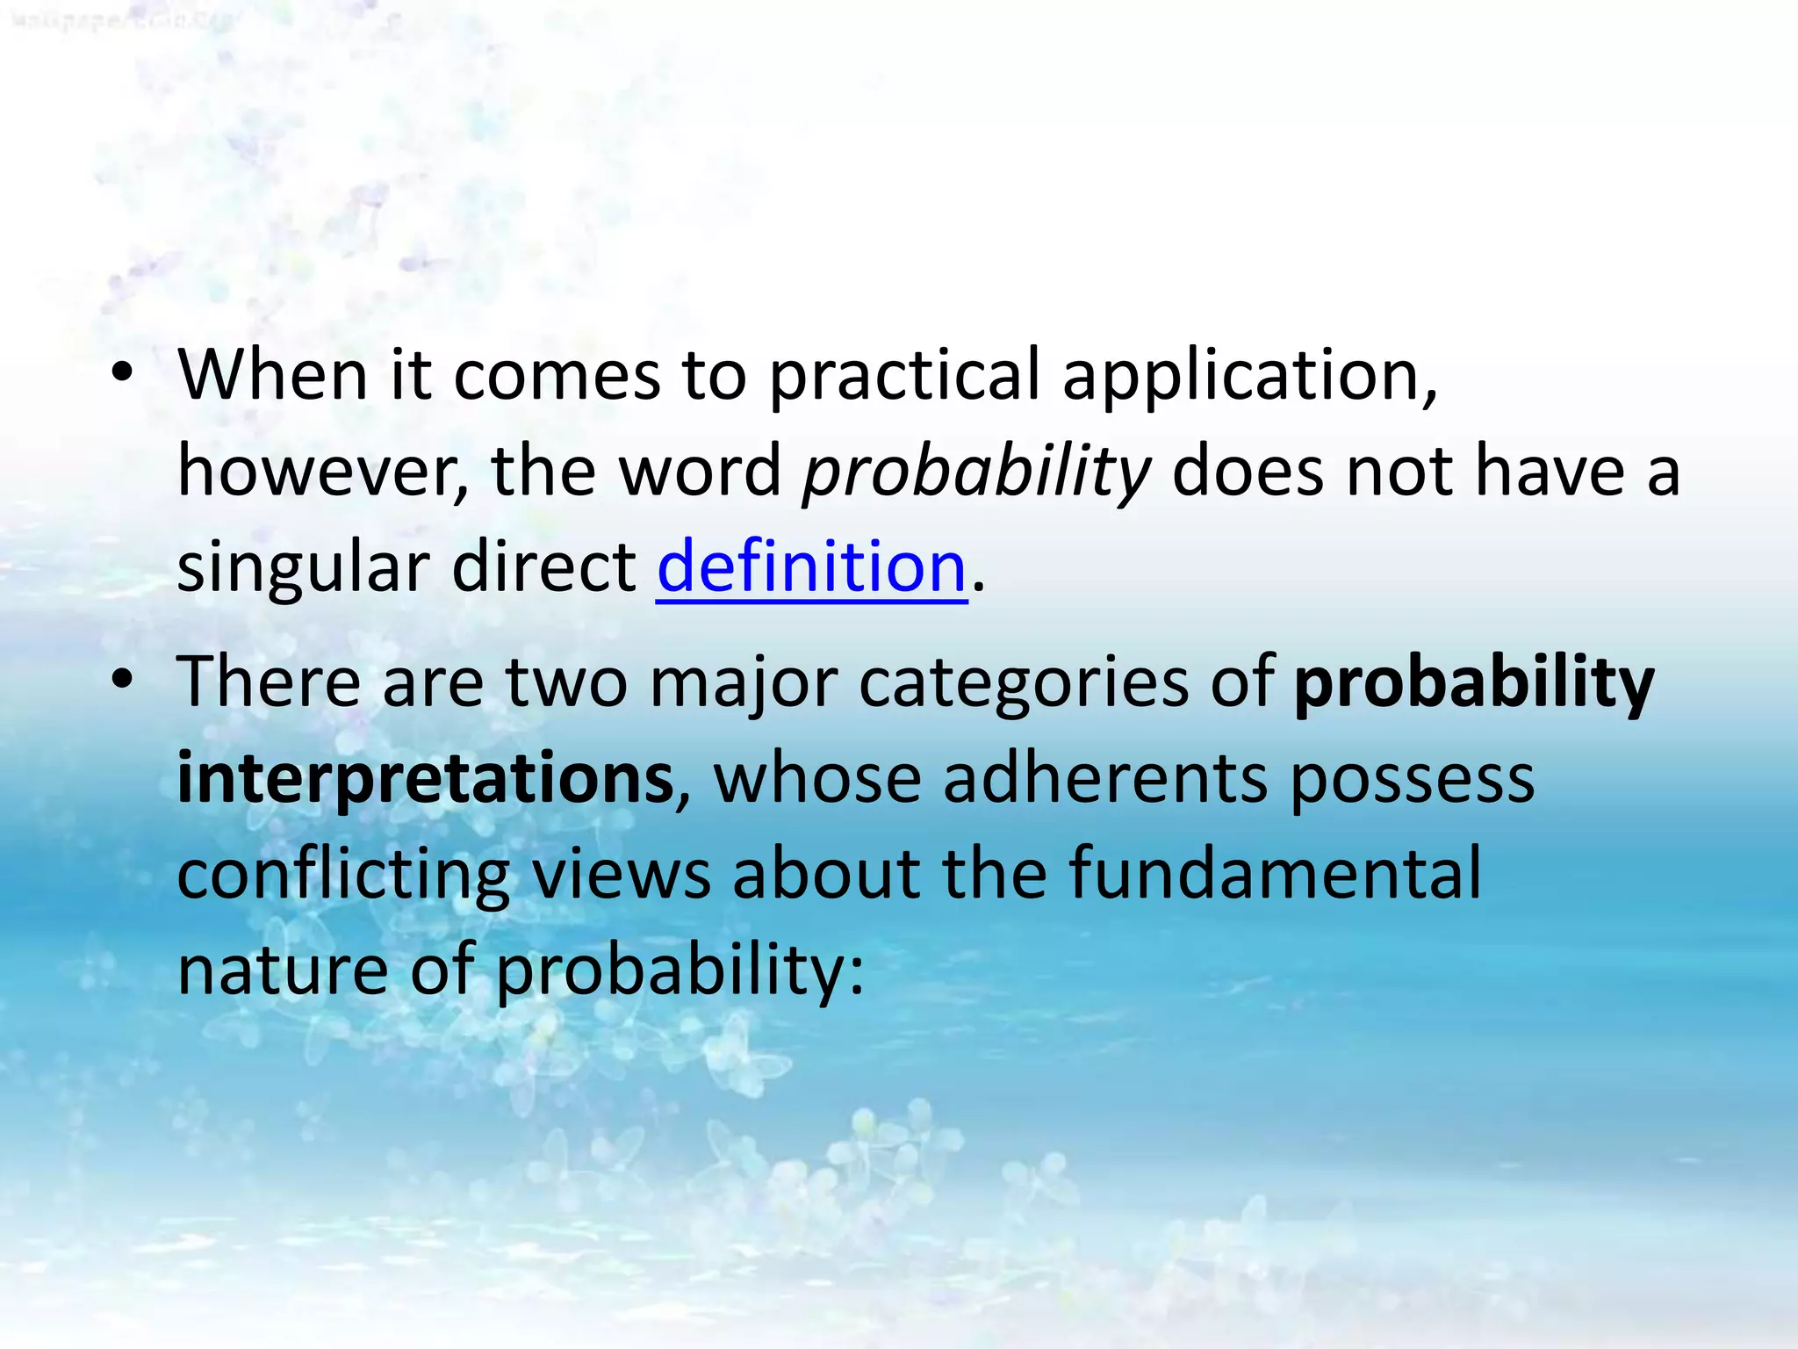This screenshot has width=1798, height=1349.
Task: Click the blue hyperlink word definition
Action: (x=811, y=566)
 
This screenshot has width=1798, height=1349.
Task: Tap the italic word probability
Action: (x=975, y=473)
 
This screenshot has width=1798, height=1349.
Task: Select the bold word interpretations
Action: (x=425, y=778)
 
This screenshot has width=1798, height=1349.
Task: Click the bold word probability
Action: (x=1474, y=683)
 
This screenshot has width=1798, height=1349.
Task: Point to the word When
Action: (x=272, y=375)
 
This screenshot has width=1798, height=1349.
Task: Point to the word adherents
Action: (x=1105, y=778)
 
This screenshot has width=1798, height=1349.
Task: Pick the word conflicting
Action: (x=343, y=875)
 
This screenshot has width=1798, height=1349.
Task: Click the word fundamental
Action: (x=1275, y=873)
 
